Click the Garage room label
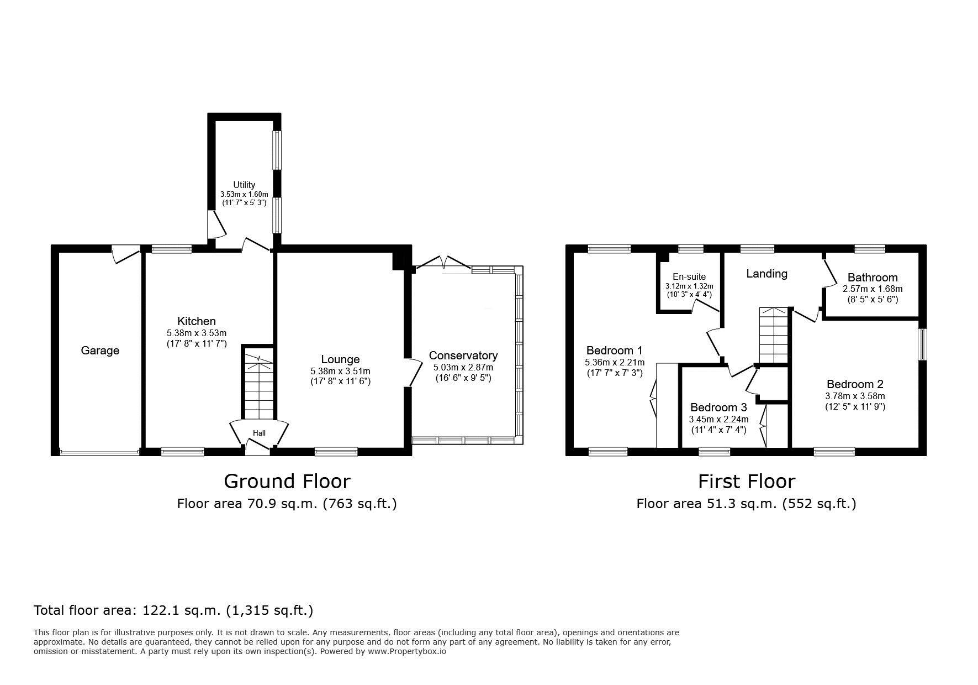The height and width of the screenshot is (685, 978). [x=100, y=351]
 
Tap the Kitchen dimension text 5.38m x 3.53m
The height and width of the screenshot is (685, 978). [x=197, y=333]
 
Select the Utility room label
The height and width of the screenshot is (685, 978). [x=244, y=185]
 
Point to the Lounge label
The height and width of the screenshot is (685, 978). [x=340, y=360]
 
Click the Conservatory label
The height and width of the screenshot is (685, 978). [x=463, y=355]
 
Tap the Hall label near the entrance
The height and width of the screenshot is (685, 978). [x=259, y=433]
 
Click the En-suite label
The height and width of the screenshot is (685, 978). [x=689, y=277]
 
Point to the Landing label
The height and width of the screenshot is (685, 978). [x=766, y=274]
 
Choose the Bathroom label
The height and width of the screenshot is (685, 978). [x=873, y=278]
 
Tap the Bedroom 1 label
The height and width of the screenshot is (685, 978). [x=614, y=351]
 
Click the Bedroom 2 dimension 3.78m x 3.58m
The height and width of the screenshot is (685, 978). [x=855, y=396]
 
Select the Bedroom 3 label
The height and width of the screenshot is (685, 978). [x=718, y=407]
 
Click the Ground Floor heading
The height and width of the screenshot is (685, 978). [x=287, y=481]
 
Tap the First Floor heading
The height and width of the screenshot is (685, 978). [x=747, y=481]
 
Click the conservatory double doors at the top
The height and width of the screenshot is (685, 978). [x=443, y=262]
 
